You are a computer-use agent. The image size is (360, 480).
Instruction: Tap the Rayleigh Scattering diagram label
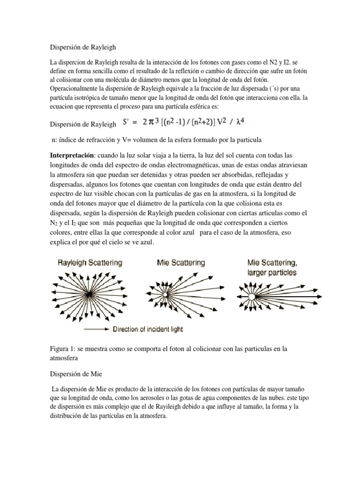coord(90,263)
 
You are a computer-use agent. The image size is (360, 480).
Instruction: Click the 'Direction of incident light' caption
coord(148,330)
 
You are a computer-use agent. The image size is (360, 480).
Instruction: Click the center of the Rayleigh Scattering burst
coord(89,295)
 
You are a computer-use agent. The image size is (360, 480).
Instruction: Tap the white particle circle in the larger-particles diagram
coord(252,297)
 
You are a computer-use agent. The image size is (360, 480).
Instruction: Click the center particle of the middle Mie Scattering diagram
coord(165,294)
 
